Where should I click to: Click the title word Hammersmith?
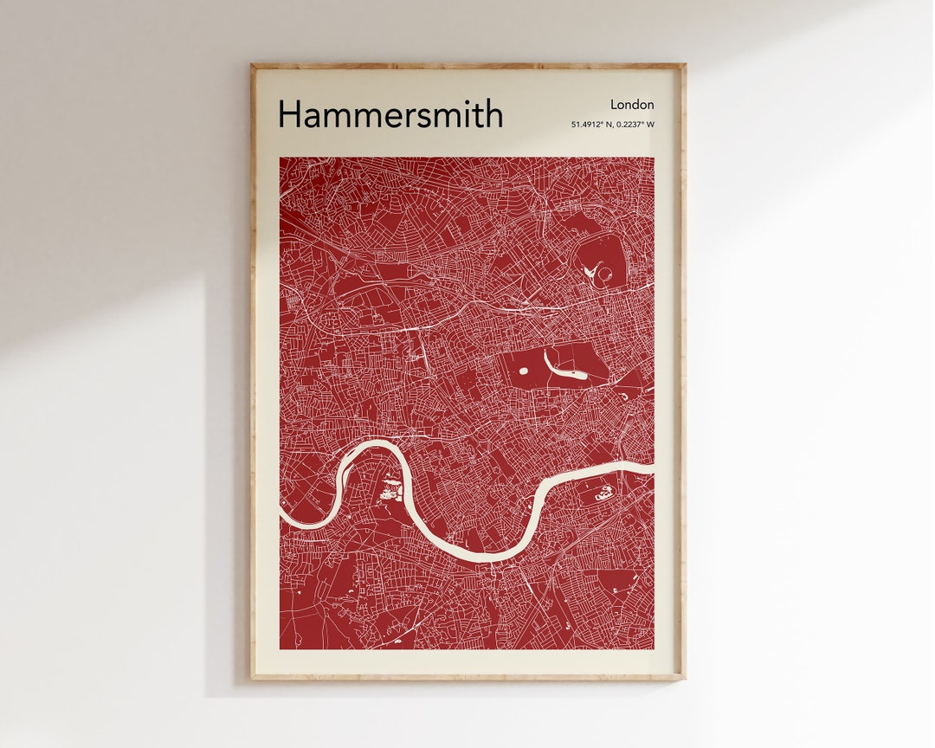390,114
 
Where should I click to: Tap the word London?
632,105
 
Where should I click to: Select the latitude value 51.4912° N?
591,125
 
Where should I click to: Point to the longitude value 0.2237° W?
635,125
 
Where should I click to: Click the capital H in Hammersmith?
288,114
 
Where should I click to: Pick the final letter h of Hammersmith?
494,114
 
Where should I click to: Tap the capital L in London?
614,105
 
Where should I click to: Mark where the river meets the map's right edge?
653,467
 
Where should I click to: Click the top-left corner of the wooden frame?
252,65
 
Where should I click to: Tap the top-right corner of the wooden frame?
685,65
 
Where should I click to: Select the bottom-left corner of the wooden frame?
252,679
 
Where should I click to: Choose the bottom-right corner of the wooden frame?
685,679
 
